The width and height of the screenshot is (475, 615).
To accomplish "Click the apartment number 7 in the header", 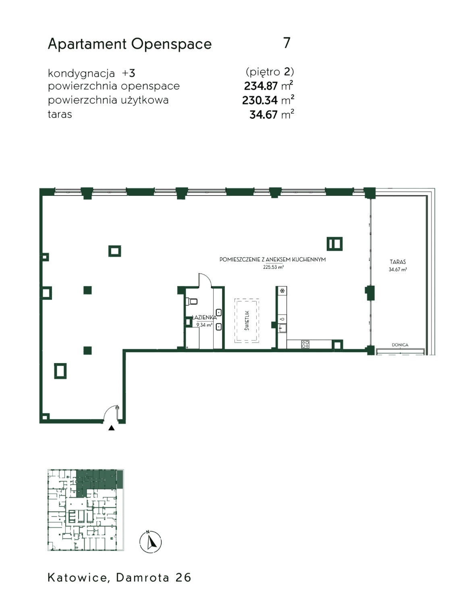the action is [x=286, y=43].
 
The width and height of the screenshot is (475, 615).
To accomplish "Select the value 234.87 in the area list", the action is [x=261, y=86].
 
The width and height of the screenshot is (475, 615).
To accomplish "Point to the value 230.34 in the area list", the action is [x=260, y=100].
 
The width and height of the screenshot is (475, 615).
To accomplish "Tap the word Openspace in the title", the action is [x=172, y=45].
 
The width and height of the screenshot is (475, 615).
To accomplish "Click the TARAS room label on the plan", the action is [x=398, y=262].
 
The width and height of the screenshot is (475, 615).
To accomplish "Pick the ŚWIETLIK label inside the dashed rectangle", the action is [x=247, y=321].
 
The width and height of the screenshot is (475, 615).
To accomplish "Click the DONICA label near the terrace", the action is [x=400, y=345].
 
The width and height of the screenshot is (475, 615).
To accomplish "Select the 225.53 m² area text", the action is [x=273, y=267].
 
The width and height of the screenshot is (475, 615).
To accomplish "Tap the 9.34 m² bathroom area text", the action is [x=204, y=325].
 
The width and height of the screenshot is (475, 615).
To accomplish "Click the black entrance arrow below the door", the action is [x=112, y=428].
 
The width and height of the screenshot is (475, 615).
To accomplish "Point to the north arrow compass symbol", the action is [x=151, y=542].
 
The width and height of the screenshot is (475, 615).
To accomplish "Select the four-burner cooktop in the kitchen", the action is [x=305, y=344].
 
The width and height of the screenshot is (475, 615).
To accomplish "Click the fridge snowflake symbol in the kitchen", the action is [x=282, y=291].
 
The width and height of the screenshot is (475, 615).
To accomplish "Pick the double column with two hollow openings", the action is [x=334, y=244].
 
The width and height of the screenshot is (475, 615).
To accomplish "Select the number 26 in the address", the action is [x=183, y=578].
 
